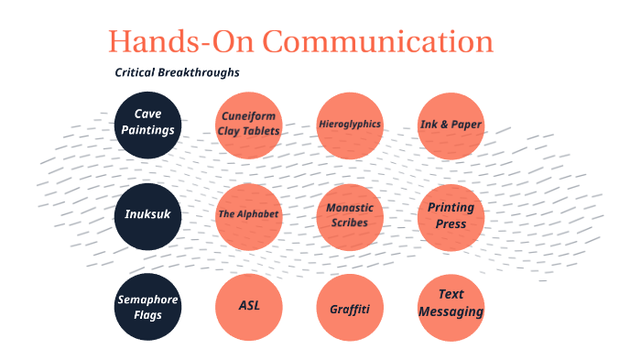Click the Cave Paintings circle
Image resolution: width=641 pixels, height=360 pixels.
point(148,123)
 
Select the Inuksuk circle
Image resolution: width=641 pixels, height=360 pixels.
point(148,215)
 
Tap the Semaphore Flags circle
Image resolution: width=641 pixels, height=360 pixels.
point(148,307)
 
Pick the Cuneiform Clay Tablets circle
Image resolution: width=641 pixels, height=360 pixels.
point(248,125)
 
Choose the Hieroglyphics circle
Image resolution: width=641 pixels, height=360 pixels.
point(350,125)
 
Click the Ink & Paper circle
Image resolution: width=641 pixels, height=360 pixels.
point(451,125)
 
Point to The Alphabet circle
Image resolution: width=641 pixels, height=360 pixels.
point(248,215)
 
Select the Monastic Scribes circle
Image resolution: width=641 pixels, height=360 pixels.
point(350,215)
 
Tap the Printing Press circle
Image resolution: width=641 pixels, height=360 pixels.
point(451,215)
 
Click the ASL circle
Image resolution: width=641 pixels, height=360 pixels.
point(248,307)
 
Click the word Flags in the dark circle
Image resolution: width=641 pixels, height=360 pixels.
point(148,315)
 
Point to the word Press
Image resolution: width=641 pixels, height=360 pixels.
point(451,224)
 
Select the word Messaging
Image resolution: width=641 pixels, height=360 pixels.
point(451,311)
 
